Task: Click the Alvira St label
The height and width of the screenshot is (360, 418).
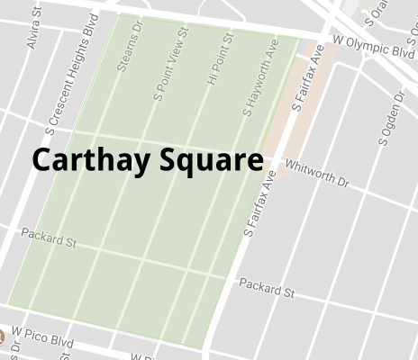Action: tap(35, 30)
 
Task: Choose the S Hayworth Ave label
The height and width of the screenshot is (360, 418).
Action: tap(259, 77)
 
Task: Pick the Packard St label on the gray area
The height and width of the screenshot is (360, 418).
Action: tap(266, 289)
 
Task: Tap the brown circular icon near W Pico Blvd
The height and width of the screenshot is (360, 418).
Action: tap(2, 337)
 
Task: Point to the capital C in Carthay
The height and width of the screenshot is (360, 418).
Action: tap(42, 160)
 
